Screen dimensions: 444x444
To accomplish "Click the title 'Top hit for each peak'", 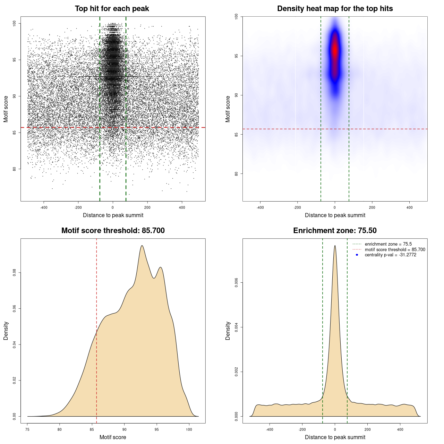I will [112, 9].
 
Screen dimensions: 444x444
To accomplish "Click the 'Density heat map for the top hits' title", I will [335, 9].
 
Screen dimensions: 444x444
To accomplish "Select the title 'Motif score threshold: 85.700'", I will [113, 231].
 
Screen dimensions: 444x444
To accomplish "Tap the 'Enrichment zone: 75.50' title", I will [335, 231].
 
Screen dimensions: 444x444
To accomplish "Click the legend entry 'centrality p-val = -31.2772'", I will [390, 255].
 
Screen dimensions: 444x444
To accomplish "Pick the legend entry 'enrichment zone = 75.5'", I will [388, 244].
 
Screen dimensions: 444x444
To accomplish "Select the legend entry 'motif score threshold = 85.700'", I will [395, 249].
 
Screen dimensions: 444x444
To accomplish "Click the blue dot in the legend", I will [357, 255].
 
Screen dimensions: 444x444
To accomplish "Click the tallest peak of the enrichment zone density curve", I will [335, 246].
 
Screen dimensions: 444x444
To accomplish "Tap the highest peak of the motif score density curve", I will [142, 246].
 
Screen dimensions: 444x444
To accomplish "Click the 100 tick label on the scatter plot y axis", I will [14, 23].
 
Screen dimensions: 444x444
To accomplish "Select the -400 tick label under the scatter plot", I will [44, 207].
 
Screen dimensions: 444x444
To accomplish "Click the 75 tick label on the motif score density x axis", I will [27, 429].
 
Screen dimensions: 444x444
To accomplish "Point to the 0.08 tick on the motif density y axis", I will [14, 273].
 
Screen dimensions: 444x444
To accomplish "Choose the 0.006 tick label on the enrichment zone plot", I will [236, 283].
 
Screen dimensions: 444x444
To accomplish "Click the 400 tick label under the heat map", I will [409, 207].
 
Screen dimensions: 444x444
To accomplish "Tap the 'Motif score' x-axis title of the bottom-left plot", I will [113, 437].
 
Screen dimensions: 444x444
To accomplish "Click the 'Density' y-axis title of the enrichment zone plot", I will [228, 331].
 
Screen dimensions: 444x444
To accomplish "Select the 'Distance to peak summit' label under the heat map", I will [335, 215].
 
